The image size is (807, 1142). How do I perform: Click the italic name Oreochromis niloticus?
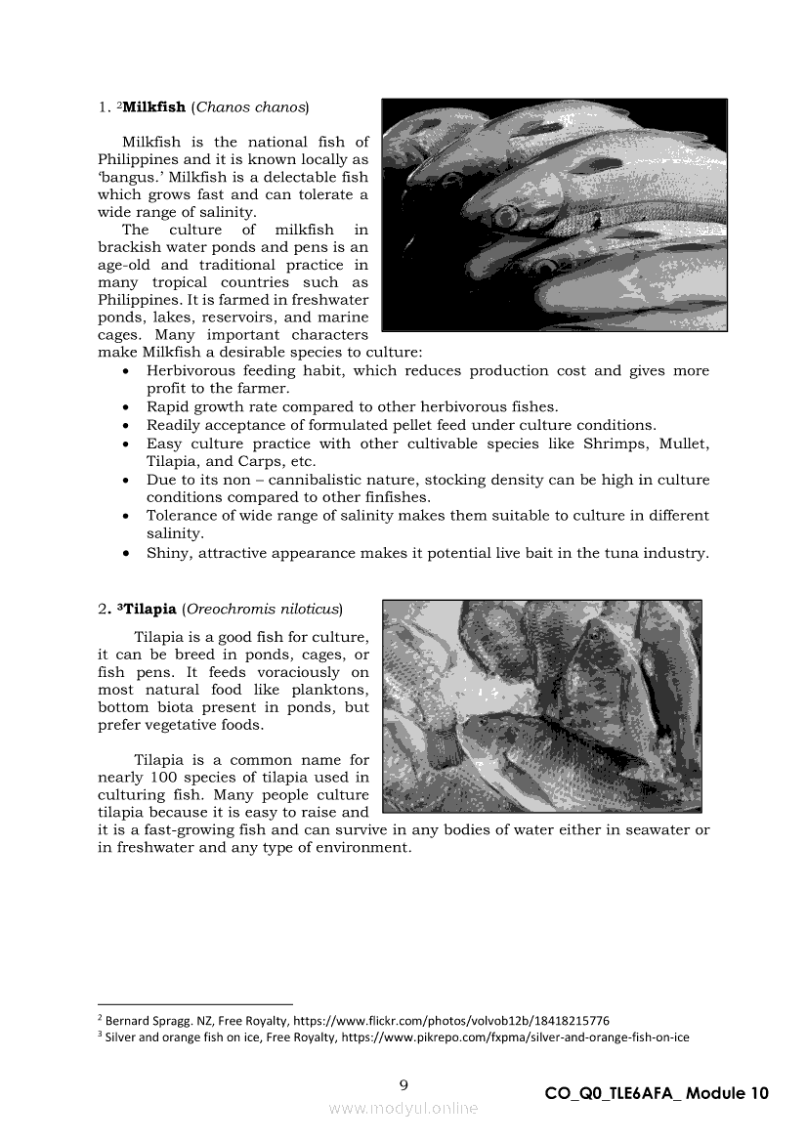tap(262, 609)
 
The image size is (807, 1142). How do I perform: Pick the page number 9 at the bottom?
tap(403, 1084)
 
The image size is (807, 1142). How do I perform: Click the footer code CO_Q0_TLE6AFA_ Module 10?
tap(657, 1093)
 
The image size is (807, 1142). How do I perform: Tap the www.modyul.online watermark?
tap(403, 1108)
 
